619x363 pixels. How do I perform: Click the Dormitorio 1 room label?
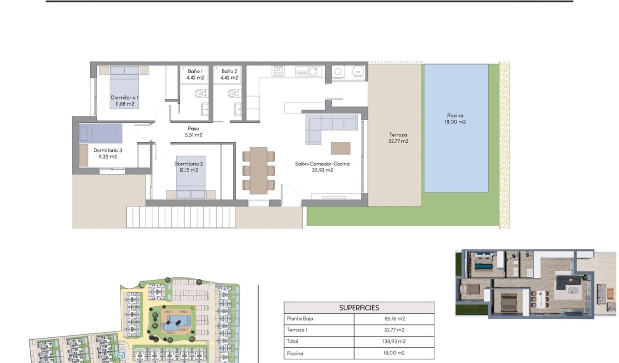(x=125, y=97)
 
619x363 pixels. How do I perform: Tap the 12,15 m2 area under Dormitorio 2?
(x=189, y=170)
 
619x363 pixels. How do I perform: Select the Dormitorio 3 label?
(x=107, y=150)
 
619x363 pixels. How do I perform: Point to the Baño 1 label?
(x=195, y=71)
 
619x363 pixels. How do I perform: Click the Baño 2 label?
(x=229, y=71)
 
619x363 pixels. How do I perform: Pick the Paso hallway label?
(x=193, y=128)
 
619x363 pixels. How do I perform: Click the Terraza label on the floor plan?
(x=398, y=134)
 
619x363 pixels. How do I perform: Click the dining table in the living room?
(x=259, y=170)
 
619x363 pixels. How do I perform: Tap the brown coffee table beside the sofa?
(x=340, y=148)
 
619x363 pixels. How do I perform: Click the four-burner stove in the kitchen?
(x=278, y=71)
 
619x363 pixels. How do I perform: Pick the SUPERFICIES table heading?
(x=359, y=307)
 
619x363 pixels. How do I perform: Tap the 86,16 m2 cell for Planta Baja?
(x=394, y=318)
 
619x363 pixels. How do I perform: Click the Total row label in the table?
(x=293, y=341)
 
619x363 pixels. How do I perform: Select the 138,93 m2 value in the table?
(x=394, y=341)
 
